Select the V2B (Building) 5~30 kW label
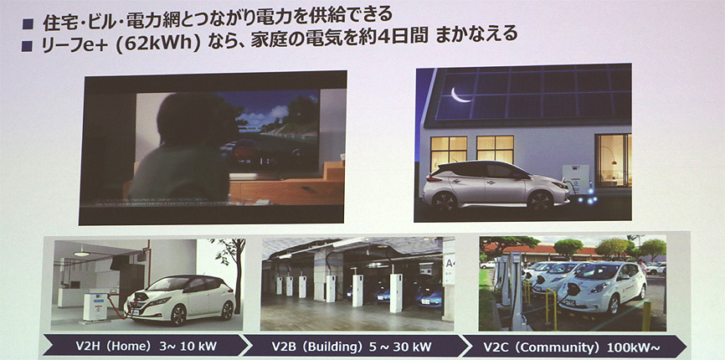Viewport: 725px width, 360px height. tap(352, 346)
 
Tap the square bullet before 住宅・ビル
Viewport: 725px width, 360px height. tap(28, 24)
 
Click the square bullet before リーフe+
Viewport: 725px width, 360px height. tap(27, 46)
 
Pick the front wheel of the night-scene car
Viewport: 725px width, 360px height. tap(540, 201)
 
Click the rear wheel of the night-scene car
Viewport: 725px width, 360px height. tap(445, 203)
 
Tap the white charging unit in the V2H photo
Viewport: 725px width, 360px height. tap(95, 306)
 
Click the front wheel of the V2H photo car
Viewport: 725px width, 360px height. tap(178, 315)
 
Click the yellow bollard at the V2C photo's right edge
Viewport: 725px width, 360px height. tap(646, 316)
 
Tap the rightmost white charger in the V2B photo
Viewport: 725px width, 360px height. tap(396, 293)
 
